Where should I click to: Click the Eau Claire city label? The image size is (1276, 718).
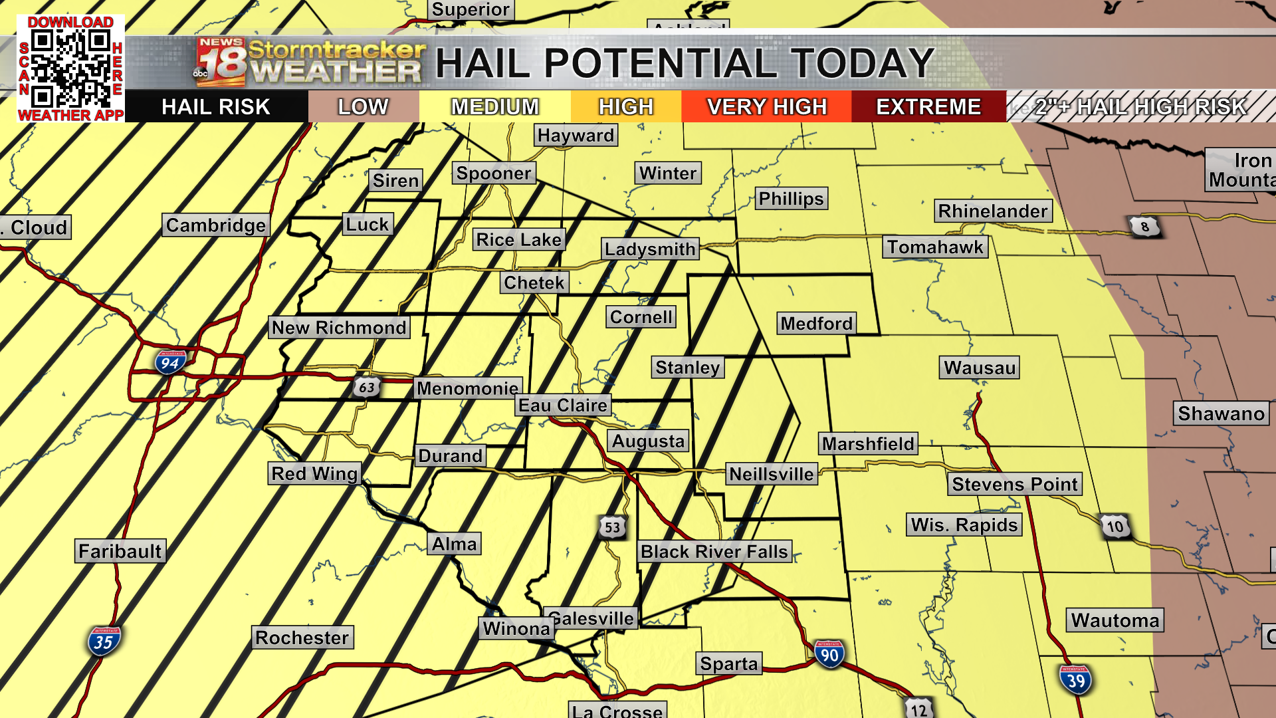coord(563,406)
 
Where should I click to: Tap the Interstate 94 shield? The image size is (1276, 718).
coord(170,362)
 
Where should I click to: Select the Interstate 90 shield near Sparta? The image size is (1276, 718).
coord(829,655)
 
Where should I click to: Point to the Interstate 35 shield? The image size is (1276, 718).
coord(104,642)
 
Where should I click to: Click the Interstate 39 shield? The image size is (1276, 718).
coord(1075,680)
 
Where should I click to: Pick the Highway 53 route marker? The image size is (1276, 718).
coord(612,528)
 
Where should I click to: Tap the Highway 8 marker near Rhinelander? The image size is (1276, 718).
coord(1144,227)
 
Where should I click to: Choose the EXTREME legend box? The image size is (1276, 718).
coord(928,106)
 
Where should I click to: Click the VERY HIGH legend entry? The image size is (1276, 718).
coord(766,106)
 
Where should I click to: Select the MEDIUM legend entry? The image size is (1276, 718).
coord(494,106)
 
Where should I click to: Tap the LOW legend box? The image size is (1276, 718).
coord(363,106)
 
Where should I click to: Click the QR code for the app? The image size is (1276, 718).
coord(70,69)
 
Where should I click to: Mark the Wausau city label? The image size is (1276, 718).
coord(979,368)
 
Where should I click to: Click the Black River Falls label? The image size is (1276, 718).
coord(714,552)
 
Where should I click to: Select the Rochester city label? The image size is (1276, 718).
coord(302,638)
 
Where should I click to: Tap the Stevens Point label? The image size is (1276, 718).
coord(1014,484)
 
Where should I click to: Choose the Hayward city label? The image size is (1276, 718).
coord(576,136)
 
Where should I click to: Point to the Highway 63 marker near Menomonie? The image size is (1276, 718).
coord(366,387)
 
